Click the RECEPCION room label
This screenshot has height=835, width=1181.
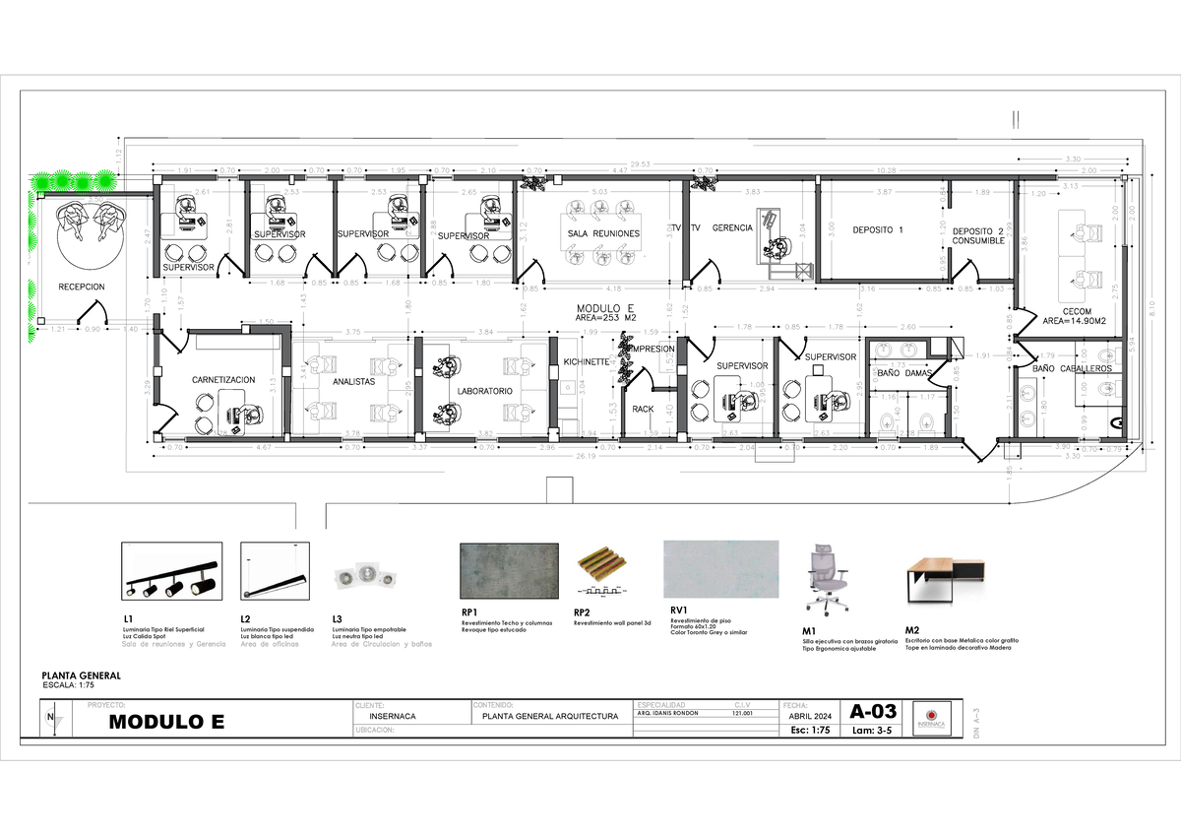pyautogui.click(x=81, y=287)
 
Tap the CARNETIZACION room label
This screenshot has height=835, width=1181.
pyautogui.click(x=223, y=379)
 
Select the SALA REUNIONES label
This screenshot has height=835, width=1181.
pyautogui.click(x=603, y=233)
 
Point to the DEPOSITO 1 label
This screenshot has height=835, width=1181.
pyautogui.click(x=878, y=229)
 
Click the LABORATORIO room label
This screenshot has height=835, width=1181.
pyautogui.click(x=485, y=391)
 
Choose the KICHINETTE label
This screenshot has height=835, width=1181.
pyautogui.click(x=587, y=362)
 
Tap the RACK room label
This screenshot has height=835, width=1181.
pyautogui.click(x=643, y=409)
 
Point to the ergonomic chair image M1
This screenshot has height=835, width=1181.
pyautogui.click(x=825, y=580)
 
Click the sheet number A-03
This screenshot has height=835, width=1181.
pyautogui.click(x=873, y=711)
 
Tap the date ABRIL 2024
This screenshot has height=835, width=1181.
pyautogui.click(x=810, y=717)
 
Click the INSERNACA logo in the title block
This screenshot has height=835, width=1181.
pyautogui.click(x=929, y=718)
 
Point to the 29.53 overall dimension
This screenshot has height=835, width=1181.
pyautogui.click(x=640, y=164)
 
